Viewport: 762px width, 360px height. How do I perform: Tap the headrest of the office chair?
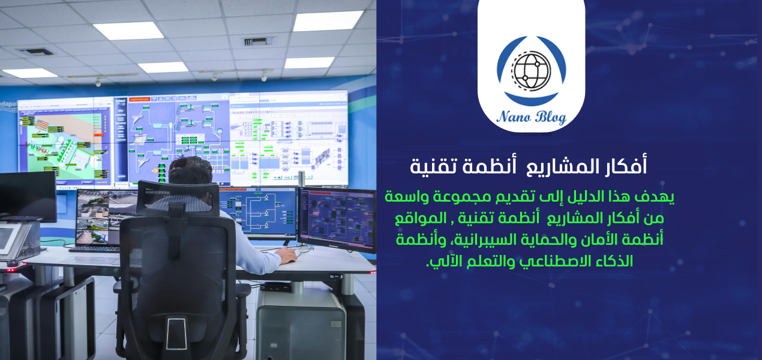pyautogui.click(x=178, y=197)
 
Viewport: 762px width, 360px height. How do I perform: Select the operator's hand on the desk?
pyautogui.click(x=287, y=256)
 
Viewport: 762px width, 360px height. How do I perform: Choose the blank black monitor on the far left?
pyautogui.click(x=27, y=195)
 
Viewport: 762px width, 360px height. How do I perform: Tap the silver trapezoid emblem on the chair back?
pyautogui.click(x=176, y=333)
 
